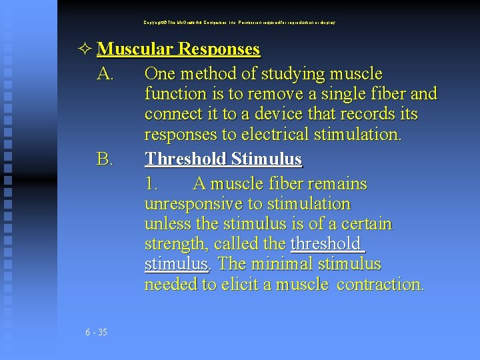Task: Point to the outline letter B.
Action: (x=105, y=159)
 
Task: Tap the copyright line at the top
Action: (x=239, y=22)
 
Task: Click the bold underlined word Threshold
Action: (x=186, y=159)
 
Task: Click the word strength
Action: (x=172, y=245)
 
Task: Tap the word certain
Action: (x=365, y=224)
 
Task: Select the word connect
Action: (x=173, y=114)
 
